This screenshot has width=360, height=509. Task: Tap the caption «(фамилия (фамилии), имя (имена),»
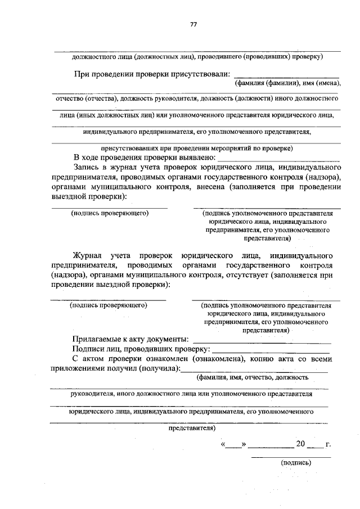[x=287, y=83]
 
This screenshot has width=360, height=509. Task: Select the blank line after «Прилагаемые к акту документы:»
[x=262, y=341]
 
